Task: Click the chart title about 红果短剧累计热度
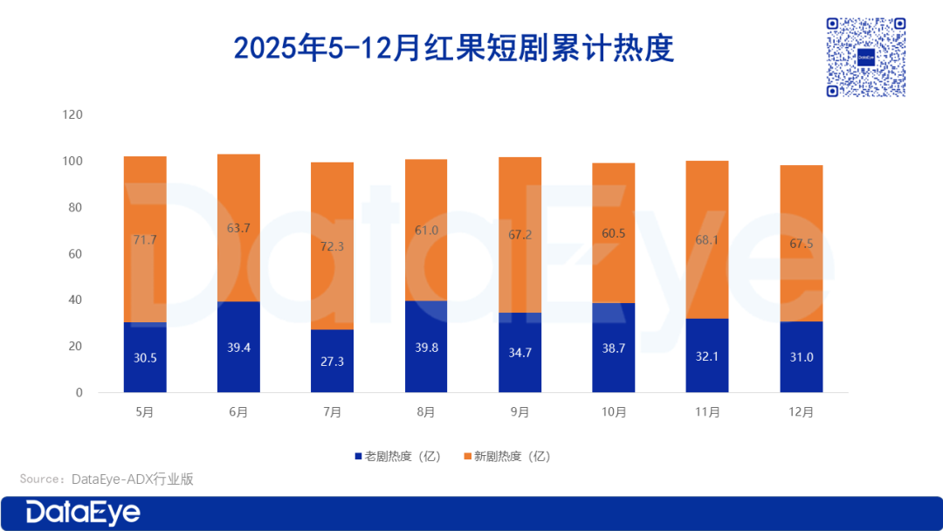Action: [x=454, y=47]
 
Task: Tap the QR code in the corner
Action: [x=866, y=57]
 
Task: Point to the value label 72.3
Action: [x=333, y=247]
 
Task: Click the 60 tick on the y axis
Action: [x=76, y=254]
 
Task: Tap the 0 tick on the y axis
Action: [x=79, y=393]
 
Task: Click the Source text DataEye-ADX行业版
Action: [x=107, y=479]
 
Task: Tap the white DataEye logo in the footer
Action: [x=83, y=513]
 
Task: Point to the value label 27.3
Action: [x=333, y=361]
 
